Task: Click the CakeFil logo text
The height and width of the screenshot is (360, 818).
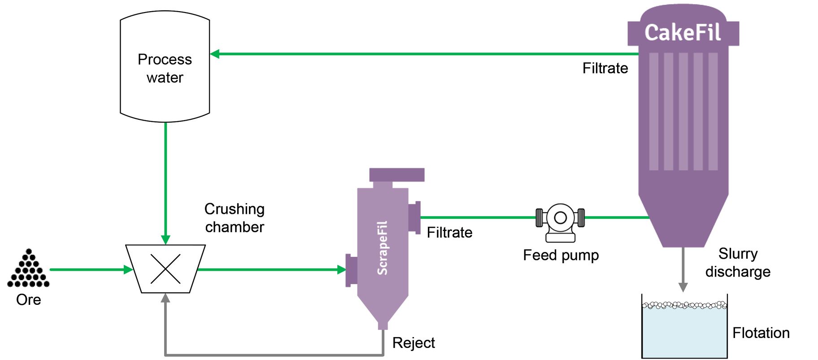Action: tap(683, 33)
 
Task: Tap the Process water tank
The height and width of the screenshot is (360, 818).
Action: tap(165, 67)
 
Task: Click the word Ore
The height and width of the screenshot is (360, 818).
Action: tap(28, 299)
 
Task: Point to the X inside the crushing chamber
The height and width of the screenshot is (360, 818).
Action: tap(165, 269)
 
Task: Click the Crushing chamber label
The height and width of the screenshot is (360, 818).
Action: tap(234, 218)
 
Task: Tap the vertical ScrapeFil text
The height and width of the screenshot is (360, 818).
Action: tap(382, 248)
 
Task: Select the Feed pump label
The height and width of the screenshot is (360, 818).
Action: tap(561, 255)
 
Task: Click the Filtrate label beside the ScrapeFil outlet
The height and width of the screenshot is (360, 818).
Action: tap(449, 233)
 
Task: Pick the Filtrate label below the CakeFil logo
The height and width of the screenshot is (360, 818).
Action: tap(605, 68)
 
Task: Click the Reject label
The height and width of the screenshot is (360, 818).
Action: tap(413, 343)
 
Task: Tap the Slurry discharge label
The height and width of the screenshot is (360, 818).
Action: tap(738, 263)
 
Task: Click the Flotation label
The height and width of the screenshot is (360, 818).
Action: tap(761, 333)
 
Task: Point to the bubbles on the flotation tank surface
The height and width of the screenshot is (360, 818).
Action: tap(684, 305)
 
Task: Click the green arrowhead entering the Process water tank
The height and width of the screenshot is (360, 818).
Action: tap(215, 54)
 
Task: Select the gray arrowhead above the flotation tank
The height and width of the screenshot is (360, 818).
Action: tap(683, 287)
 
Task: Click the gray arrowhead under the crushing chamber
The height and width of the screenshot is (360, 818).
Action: tap(165, 298)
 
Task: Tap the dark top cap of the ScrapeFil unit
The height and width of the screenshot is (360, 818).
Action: tap(397, 174)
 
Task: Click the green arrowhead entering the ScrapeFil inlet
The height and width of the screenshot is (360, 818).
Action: tap(342, 269)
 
